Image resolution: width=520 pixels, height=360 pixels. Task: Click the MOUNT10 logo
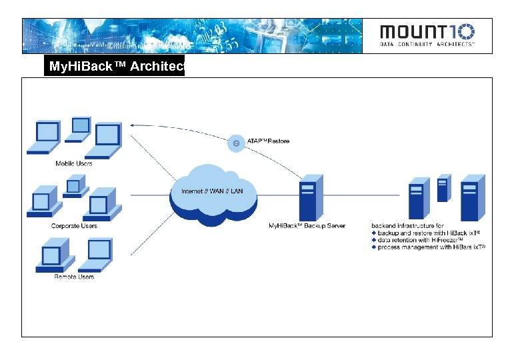click(427, 32)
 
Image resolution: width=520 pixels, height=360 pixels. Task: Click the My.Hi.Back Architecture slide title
click(114, 67)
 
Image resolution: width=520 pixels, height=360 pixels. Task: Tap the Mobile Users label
click(74, 163)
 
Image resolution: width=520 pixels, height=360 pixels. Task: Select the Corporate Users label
click(74, 226)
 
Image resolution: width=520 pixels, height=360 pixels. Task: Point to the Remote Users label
click(74, 277)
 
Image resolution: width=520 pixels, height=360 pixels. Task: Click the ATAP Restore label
click(269, 141)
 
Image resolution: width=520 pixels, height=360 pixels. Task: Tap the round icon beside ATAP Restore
click(235, 142)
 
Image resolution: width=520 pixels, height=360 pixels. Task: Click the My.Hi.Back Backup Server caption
click(307, 226)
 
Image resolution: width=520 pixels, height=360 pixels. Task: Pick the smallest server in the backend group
click(443, 189)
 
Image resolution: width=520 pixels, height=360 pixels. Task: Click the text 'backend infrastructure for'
click(407, 226)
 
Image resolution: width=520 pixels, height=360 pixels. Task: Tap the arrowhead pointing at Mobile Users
click(133, 125)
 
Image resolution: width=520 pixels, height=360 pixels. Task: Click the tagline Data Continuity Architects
click(427, 45)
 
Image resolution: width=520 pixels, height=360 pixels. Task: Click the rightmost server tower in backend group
click(473, 197)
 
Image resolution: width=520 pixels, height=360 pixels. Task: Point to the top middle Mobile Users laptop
click(80, 129)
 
